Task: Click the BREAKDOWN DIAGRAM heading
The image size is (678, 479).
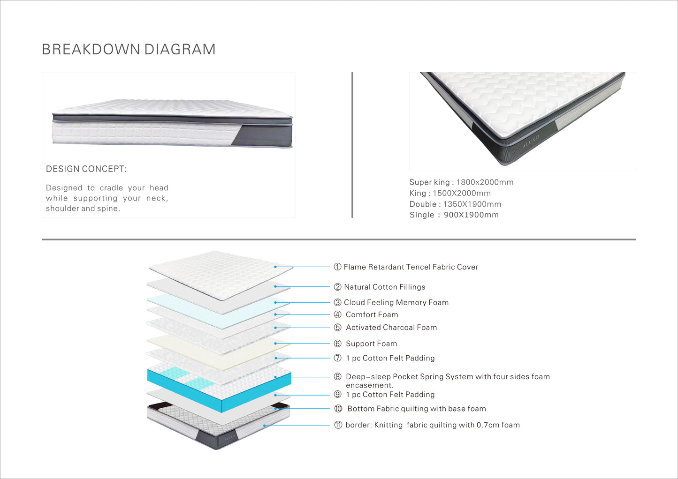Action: pyautogui.click(x=129, y=49)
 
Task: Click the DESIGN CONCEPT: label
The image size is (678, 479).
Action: pyautogui.click(x=86, y=169)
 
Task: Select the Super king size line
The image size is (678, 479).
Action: pyautogui.click(x=461, y=182)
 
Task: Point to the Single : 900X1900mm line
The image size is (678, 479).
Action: pyautogui.click(x=454, y=215)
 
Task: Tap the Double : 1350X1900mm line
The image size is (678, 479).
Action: pyautogui.click(x=455, y=204)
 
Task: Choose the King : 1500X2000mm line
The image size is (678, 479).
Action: pyautogui.click(x=450, y=193)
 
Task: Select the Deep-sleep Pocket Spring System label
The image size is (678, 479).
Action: pyautogui.click(x=447, y=377)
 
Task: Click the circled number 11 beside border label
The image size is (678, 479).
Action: pyautogui.click(x=338, y=425)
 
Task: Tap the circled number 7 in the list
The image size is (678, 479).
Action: pyautogui.click(x=337, y=358)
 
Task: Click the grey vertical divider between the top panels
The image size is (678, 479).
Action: pyautogui.click(x=352, y=145)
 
